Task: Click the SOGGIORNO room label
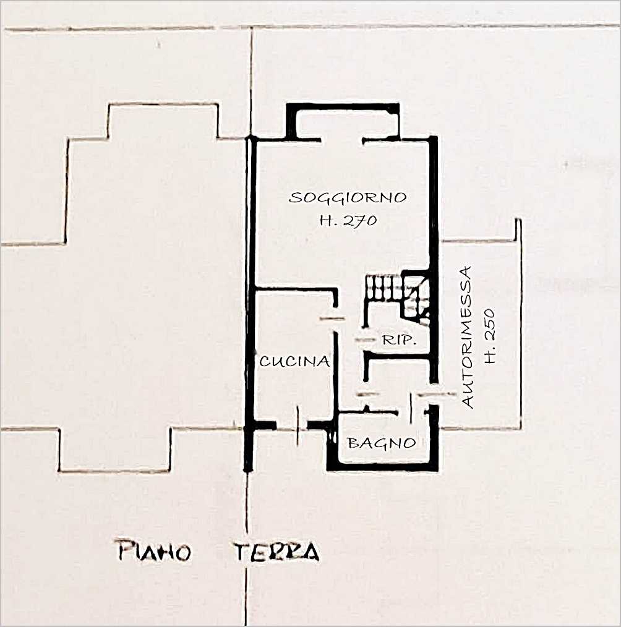(348, 197)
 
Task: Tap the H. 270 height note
(348, 220)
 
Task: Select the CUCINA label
(295, 362)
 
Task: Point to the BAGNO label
(382, 442)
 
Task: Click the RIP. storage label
(398, 340)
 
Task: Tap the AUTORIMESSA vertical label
(466, 337)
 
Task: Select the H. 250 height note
(490, 336)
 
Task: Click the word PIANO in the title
(155, 552)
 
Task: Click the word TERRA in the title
(276, 552)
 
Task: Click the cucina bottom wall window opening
(298, 426)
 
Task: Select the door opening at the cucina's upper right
(334, 318)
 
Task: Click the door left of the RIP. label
(365, 339)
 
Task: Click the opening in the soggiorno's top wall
(342, 140)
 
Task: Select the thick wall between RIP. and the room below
(397, 356)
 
